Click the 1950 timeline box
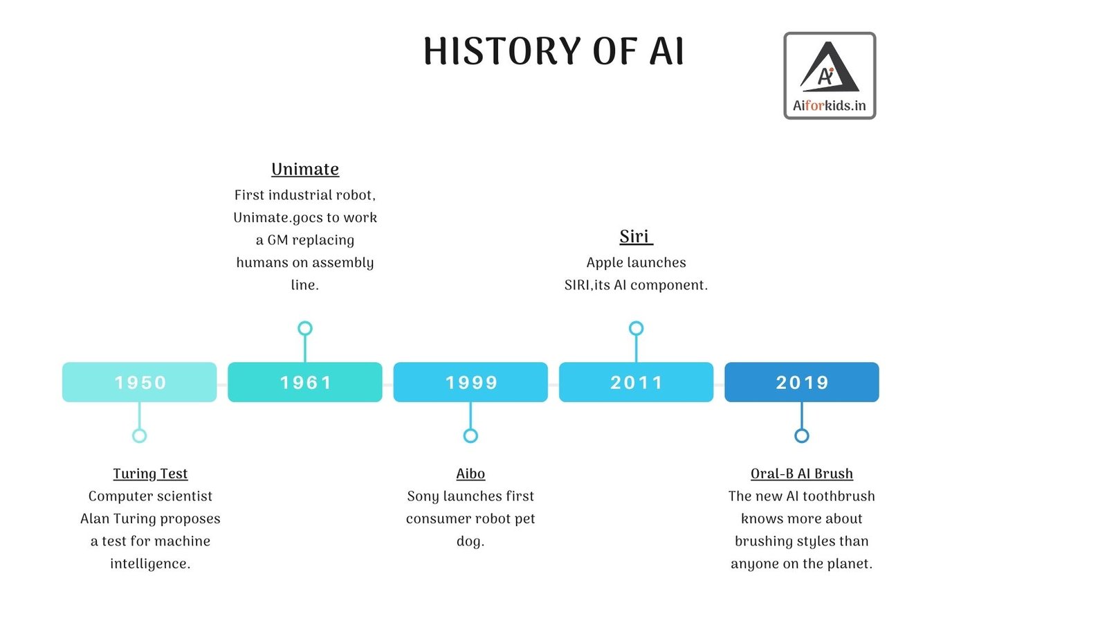139,382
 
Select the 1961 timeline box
304,382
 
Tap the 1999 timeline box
470,382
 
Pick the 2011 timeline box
636,382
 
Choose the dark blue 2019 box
801,382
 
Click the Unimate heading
305,170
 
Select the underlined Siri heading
635,237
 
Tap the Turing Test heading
150,473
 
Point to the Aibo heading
470,473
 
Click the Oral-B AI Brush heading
801,473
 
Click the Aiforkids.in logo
830,75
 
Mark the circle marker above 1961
305,328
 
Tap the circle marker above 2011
636,328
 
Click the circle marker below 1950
139,435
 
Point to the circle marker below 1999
470,435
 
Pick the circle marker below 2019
801,435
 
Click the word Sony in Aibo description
422,496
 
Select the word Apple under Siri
605,263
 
